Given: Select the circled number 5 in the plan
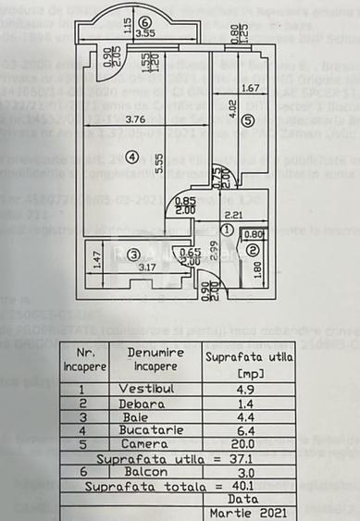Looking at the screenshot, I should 246,119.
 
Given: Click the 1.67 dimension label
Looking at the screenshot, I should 249,89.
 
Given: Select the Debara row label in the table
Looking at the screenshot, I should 140,403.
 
